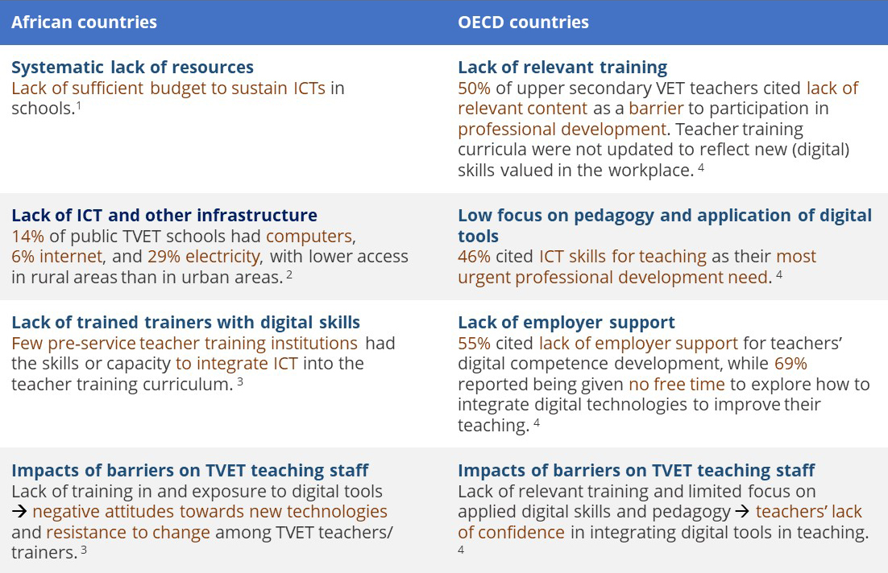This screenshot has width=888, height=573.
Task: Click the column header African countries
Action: (84, 22)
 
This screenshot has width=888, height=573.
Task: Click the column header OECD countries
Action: (523, 22)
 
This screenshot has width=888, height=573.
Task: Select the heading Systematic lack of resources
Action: (132, 68)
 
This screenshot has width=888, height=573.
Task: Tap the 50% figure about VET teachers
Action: (474, 89)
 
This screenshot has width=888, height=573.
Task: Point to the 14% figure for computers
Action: (27, 236)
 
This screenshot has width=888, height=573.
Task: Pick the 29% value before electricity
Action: (164, 256)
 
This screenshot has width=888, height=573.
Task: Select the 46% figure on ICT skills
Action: (474, 256)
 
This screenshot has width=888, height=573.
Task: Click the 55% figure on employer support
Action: (474, 343)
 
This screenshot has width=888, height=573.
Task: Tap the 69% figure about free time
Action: (790, 363)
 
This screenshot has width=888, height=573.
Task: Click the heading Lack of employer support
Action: (566, 323)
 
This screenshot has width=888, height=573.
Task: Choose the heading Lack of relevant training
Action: (562, 68)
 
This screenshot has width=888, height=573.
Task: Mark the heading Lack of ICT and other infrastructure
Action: (164, 216)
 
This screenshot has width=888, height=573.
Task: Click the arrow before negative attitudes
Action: (19, 512)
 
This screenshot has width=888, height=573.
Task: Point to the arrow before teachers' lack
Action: (742, 512)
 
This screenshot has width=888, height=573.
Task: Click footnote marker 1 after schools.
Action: (79, 105)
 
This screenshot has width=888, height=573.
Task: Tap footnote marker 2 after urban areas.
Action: (289, 274)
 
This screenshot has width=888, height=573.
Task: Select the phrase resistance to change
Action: (128, 532)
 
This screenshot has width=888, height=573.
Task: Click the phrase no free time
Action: (677, 384)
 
